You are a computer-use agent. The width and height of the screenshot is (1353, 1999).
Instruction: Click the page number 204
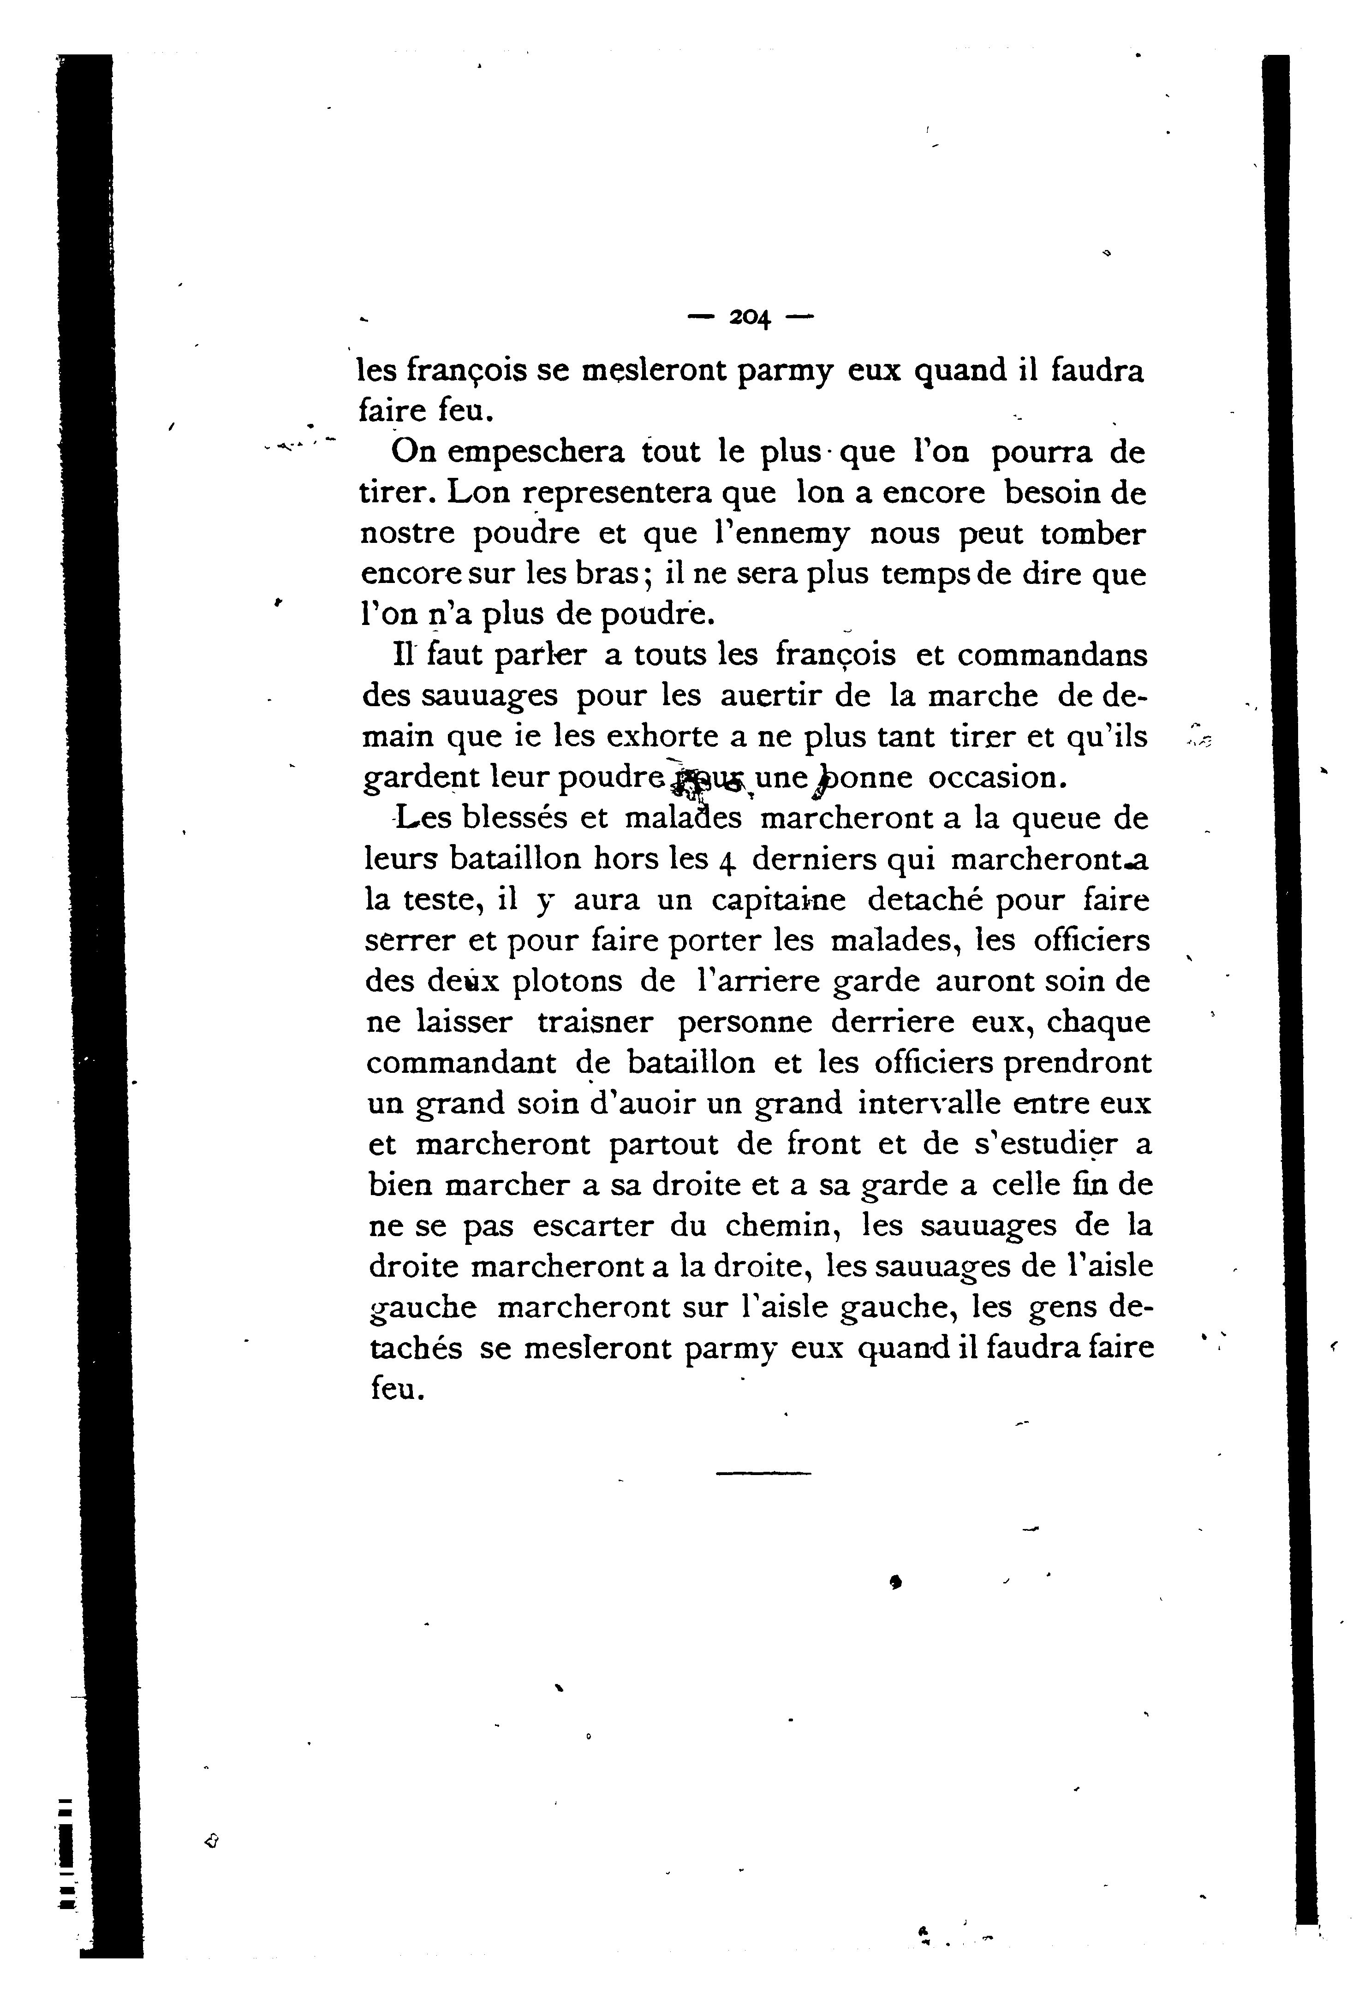(x=750, y=317)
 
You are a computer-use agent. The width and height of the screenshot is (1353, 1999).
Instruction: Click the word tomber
(x=1093, y=534)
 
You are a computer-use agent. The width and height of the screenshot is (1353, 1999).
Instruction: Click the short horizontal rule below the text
(x=763, y=1474)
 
